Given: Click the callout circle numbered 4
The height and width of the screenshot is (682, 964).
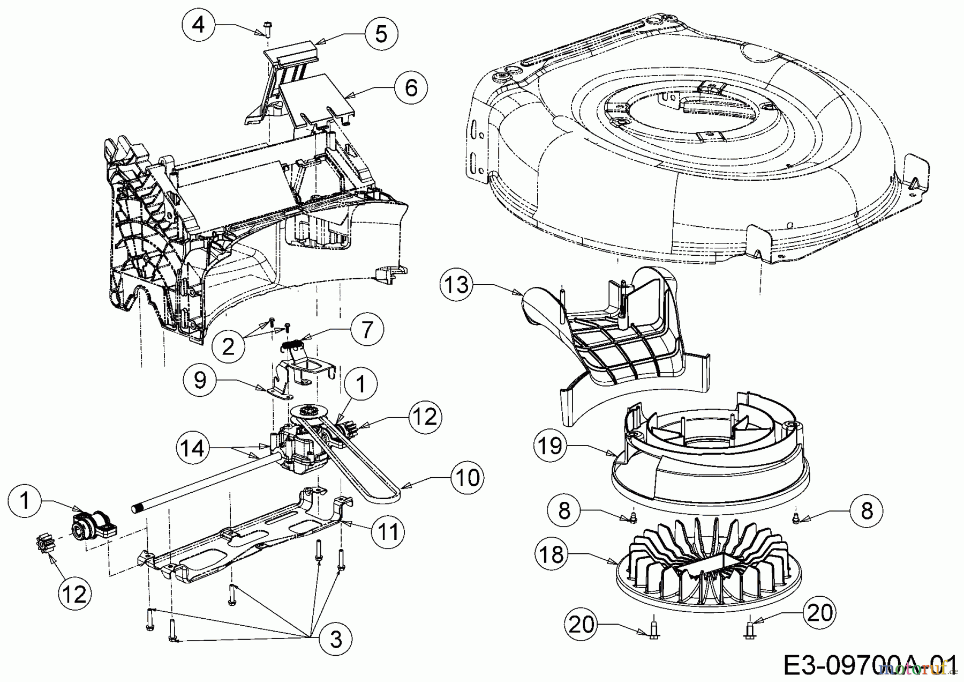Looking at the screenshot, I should [x=199, y=25].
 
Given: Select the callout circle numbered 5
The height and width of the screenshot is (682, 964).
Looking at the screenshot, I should [x=381, y=34].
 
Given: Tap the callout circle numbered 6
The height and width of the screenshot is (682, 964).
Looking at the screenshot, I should [x=411, y=87].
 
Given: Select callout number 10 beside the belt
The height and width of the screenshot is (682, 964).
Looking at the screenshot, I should [x=468, y=477].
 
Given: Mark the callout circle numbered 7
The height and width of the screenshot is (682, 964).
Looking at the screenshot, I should [x=366, y=329].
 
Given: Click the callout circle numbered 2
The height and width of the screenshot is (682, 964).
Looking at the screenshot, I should [x=229, y=346].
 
